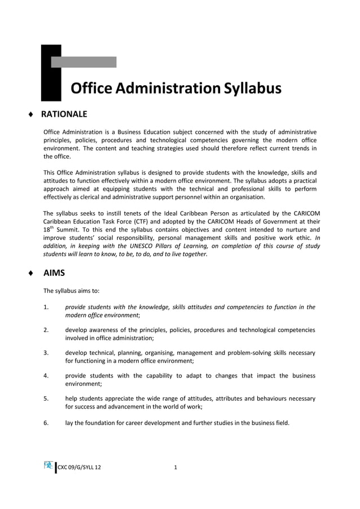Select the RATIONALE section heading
pos(64,115)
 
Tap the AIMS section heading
pos(54,273)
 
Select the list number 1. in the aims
pos(46,307)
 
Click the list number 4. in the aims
pos(46,376)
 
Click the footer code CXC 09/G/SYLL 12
pos(80,467)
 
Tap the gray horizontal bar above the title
pos(89,62)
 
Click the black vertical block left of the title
pos(51,73)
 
